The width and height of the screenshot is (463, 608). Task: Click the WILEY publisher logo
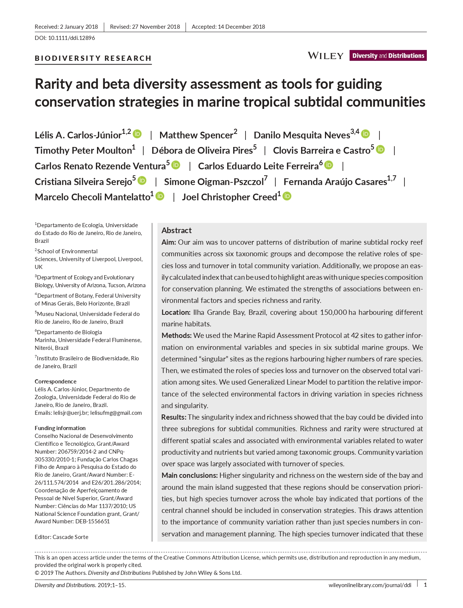pyautogui.click(x=325, y=56)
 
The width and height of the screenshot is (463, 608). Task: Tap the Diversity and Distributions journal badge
pyautogui.click(x=388, y=56)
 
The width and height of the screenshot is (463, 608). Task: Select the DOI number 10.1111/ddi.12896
pyautogui.click(x=72, y=38)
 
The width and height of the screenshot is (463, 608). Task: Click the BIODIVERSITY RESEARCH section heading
pyautogui.click(x=93, y=58)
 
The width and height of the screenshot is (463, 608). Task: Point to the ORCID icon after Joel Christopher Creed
pyautogui.click(x=287, y=196)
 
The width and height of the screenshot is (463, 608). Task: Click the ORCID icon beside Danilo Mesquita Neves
pyautogui.click(x=366, y=134)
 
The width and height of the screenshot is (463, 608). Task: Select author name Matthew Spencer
pyautogui.click(x=196, y=135)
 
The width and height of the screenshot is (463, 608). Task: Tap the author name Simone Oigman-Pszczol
pyautogui.click(x=214, y=182)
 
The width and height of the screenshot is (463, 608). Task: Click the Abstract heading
pyautogui.click(x=176, y=231)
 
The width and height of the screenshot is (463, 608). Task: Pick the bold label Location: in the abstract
pyautogui.click(x=176, y=312)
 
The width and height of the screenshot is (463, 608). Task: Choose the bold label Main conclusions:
pyautogui.click(x=190, y=475)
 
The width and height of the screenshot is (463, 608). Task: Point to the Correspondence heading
pyautogui.click(x=56, y=381)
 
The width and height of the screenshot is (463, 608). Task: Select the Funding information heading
pyautogui.click(x=60, y=428)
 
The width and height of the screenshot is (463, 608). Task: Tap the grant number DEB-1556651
pyautogui.click(x=92, y=521)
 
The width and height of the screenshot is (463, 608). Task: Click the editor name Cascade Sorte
pyautogui.click(x=71, y=537)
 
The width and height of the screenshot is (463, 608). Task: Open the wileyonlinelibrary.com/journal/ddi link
pyautogui.click(x=370, y=585)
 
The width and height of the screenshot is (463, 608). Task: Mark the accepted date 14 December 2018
pyautogui.click(x=241, y=27)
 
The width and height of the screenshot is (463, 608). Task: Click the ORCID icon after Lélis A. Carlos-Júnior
pyautogui.click(x=137, y=134)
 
